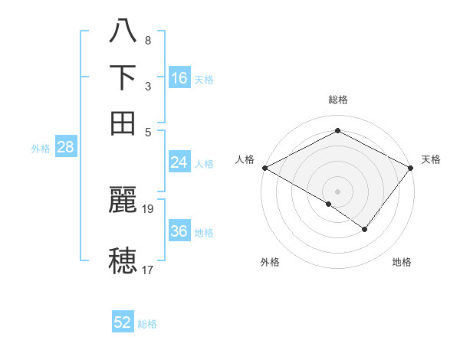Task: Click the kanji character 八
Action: pos(123,33)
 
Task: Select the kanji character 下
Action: pos(123,77)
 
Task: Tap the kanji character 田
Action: pos(123,122)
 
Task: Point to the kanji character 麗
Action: pos(123,201)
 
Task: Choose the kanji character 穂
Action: pos(123,260)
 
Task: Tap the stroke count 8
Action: pos(147,40)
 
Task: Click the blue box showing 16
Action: pos(179,77)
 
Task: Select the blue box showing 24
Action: pos(179,162)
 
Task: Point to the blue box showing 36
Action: pos(179,231)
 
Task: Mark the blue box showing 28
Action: pos(65,147)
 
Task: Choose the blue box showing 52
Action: pos(123,322)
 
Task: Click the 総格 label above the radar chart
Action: pos(338,100)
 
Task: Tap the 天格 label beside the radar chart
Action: pos(431,159)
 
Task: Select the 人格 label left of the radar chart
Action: pos(245,159)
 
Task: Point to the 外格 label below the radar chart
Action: pos(270,263)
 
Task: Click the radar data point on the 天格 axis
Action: pos(412,167)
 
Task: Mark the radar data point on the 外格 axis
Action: pos(329,204)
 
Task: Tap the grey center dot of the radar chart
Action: pos(338,191)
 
